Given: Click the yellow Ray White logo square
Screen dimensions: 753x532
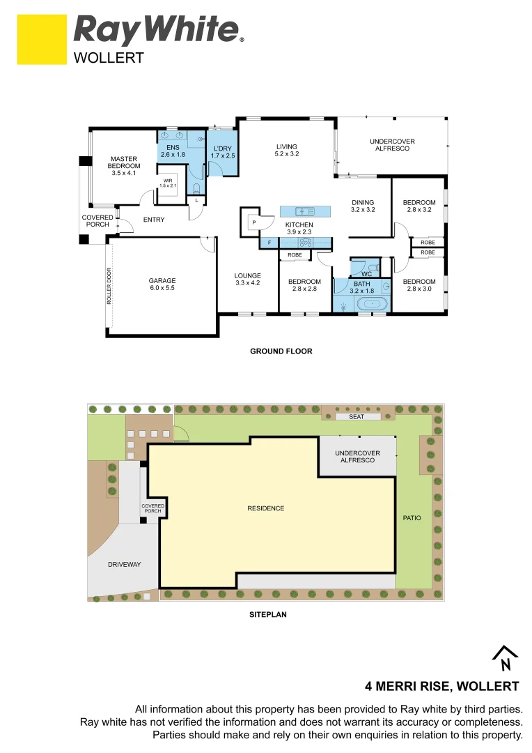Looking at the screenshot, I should coord(42,40).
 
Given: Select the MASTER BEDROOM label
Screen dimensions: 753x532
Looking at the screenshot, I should coord(124,166).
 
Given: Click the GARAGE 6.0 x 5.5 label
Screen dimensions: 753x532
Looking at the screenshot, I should coord(162,285).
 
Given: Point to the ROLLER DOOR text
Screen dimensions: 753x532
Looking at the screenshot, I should coord(109,287).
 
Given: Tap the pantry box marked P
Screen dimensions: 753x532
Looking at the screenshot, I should coord(254,222).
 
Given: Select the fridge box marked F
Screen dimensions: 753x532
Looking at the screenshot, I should coord(269,243).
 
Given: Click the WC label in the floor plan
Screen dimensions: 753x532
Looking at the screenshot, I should coord(366,274).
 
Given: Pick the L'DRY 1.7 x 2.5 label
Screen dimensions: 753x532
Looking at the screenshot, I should coord(223,152).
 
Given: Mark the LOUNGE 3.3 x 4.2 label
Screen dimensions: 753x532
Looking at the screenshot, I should coord(247,279).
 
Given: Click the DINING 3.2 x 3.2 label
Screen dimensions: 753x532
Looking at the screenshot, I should coord(363,206).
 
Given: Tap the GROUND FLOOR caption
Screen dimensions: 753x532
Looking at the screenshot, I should coord(281,351).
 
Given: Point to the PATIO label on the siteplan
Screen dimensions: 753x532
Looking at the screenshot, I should coord(412,518).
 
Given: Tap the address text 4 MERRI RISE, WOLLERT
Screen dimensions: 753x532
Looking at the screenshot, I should coord(443,685).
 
